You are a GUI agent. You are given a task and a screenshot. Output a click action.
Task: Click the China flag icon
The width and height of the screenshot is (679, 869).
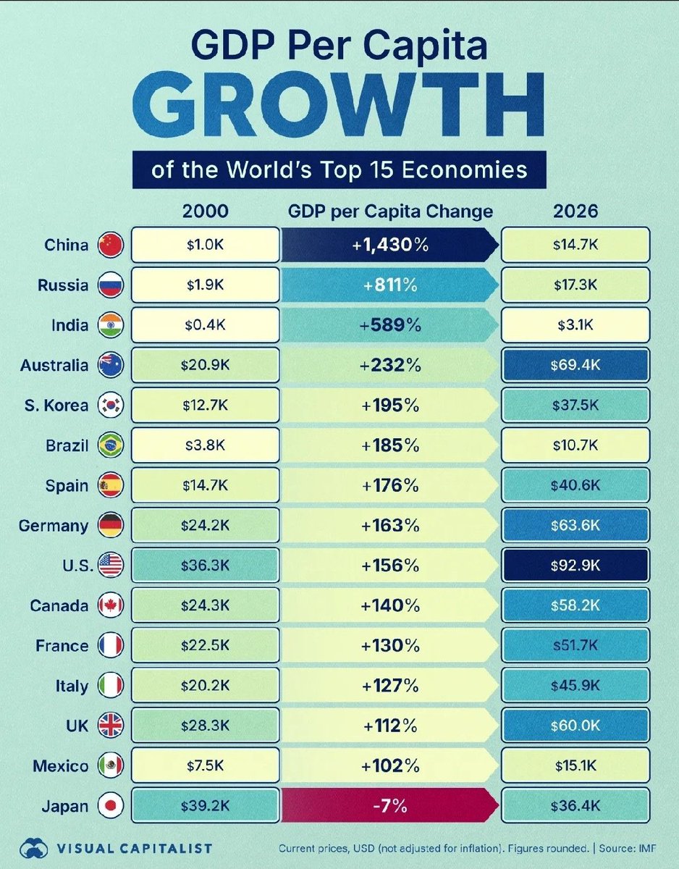click(x=111, y=245)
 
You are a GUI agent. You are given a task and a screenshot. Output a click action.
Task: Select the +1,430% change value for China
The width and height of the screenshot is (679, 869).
click(x=390, y=245)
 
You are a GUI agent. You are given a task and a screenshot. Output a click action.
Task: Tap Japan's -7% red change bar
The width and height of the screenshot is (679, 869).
click(x=390, y=806)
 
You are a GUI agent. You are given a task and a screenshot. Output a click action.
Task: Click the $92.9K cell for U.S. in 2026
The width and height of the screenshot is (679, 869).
click(x=575, y=566)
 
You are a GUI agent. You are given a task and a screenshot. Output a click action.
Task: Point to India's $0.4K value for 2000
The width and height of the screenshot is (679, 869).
click(x=206, y=326)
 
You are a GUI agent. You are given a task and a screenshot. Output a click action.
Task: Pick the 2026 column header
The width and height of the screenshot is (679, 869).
click(x=575, y=211)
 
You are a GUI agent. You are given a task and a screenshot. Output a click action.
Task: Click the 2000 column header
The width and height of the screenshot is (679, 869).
click(x=205, y=211)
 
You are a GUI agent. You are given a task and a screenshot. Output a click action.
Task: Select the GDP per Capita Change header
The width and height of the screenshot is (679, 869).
click(x=390, y=211)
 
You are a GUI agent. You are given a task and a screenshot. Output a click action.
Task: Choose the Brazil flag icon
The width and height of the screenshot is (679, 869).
click(x=111, y=445)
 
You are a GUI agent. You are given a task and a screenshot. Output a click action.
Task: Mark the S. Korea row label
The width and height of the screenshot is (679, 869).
click(x=57, y=406)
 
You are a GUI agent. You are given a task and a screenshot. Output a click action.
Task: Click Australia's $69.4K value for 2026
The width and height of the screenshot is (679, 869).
click(x=575, y=366)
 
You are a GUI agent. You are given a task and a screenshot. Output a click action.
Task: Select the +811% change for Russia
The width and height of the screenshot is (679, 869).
click(x=390, y=285)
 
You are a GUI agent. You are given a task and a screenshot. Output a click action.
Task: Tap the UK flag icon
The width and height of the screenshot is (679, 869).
click(x=111, y=726)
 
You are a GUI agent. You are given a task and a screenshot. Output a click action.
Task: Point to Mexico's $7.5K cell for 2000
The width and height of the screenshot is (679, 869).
click(x=206, y=766)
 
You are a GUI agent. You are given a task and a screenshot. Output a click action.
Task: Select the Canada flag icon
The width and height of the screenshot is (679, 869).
click(x=111, y=605)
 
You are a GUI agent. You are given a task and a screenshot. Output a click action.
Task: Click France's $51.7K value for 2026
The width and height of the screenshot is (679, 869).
click(x=575, y=646)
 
